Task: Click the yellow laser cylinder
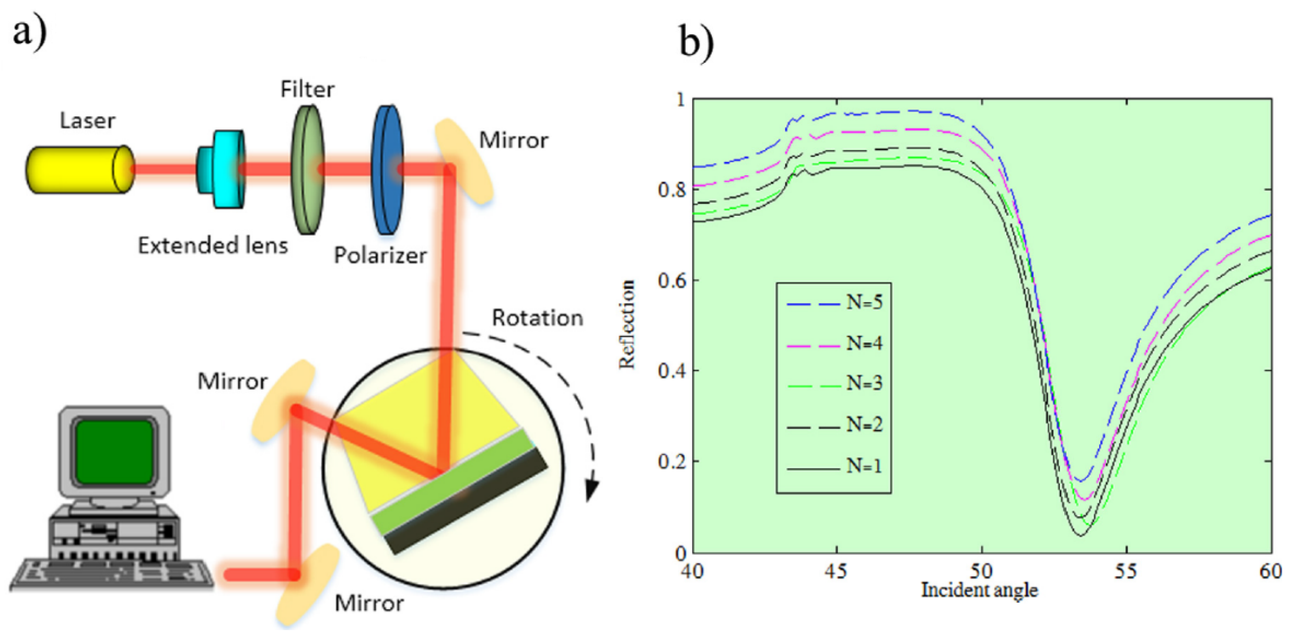[78, 169]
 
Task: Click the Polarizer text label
[380, 255]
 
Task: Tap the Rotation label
[538, 318]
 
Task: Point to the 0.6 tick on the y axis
[671, 280]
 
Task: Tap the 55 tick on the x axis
[1126, 571]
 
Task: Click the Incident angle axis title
[979, 590]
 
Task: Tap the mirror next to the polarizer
[463, 161]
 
